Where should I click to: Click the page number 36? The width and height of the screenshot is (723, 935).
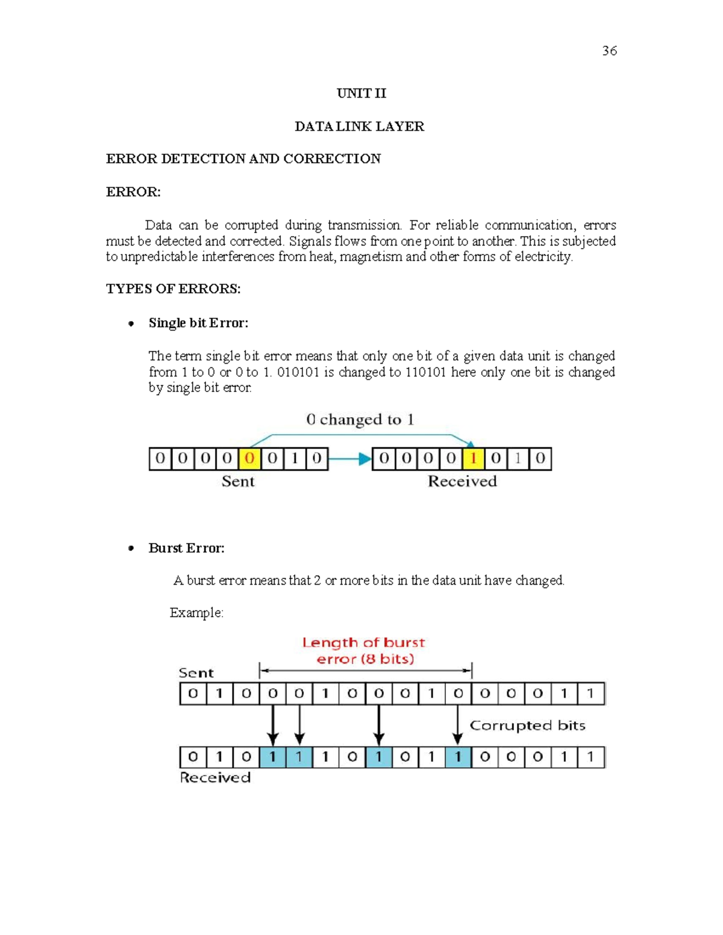point(609,51)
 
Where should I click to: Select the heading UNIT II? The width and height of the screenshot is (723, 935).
point(361,93)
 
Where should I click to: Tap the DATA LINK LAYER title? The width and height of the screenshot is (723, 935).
point(359,126)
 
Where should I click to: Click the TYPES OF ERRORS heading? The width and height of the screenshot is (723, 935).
point(173,289)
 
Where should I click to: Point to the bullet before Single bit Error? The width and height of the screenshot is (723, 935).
point(131,324)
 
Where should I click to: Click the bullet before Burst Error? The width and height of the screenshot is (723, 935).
point(131,548)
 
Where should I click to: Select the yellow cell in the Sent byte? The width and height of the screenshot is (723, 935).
point(249,459)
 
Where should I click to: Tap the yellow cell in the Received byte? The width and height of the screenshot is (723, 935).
point(474,459)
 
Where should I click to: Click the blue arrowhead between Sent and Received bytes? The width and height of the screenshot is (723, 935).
point(365,459)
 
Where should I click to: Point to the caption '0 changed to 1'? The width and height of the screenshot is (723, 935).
point(360,420)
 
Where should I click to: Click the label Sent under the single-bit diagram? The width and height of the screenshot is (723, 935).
point(238,482)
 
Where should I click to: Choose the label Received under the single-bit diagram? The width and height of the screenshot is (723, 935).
point(462,482)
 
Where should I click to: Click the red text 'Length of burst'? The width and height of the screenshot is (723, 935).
point(363,643)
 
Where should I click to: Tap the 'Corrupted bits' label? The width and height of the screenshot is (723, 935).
point(527,725)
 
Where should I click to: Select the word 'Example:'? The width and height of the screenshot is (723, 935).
point(196,613)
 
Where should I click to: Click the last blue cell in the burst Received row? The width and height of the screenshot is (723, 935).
point(458,757)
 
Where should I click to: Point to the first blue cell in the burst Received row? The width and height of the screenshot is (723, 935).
point(273,757)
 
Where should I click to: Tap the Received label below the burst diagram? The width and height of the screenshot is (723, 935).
point(215,778)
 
